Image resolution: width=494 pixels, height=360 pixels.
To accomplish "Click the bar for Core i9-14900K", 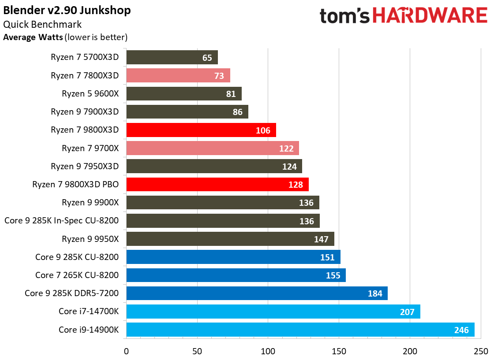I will coord(300,330).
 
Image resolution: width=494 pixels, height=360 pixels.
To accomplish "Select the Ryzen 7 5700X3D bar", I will coord(172,57).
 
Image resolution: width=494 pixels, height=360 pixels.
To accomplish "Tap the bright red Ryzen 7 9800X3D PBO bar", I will coord(217,184).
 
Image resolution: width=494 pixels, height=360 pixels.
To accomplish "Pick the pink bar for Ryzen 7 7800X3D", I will coord(178,75).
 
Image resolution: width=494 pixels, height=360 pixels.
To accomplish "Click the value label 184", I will coord(374,293).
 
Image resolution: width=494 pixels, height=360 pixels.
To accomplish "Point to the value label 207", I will coord(407,312).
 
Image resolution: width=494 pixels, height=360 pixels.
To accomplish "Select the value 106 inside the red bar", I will coord(263,130).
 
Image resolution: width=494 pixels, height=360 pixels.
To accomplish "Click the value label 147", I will coord(321,239).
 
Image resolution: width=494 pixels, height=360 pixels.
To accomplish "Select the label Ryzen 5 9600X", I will coord(90,93).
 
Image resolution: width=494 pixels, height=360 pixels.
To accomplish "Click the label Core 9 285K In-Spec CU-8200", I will coord(61,220).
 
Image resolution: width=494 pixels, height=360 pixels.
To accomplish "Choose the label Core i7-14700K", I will coord(88,311).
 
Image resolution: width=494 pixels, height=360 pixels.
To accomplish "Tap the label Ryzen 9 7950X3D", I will coord(85,166).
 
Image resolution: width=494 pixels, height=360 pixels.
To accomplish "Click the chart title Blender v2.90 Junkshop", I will coord(67,10).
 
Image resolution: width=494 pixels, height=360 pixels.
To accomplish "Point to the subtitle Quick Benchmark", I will coord(42,25).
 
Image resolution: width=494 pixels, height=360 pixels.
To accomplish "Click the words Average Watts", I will coord(33,37).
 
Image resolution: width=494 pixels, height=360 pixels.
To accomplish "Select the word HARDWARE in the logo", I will coord(431,16).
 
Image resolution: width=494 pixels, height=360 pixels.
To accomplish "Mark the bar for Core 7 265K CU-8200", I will coord(236,275).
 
